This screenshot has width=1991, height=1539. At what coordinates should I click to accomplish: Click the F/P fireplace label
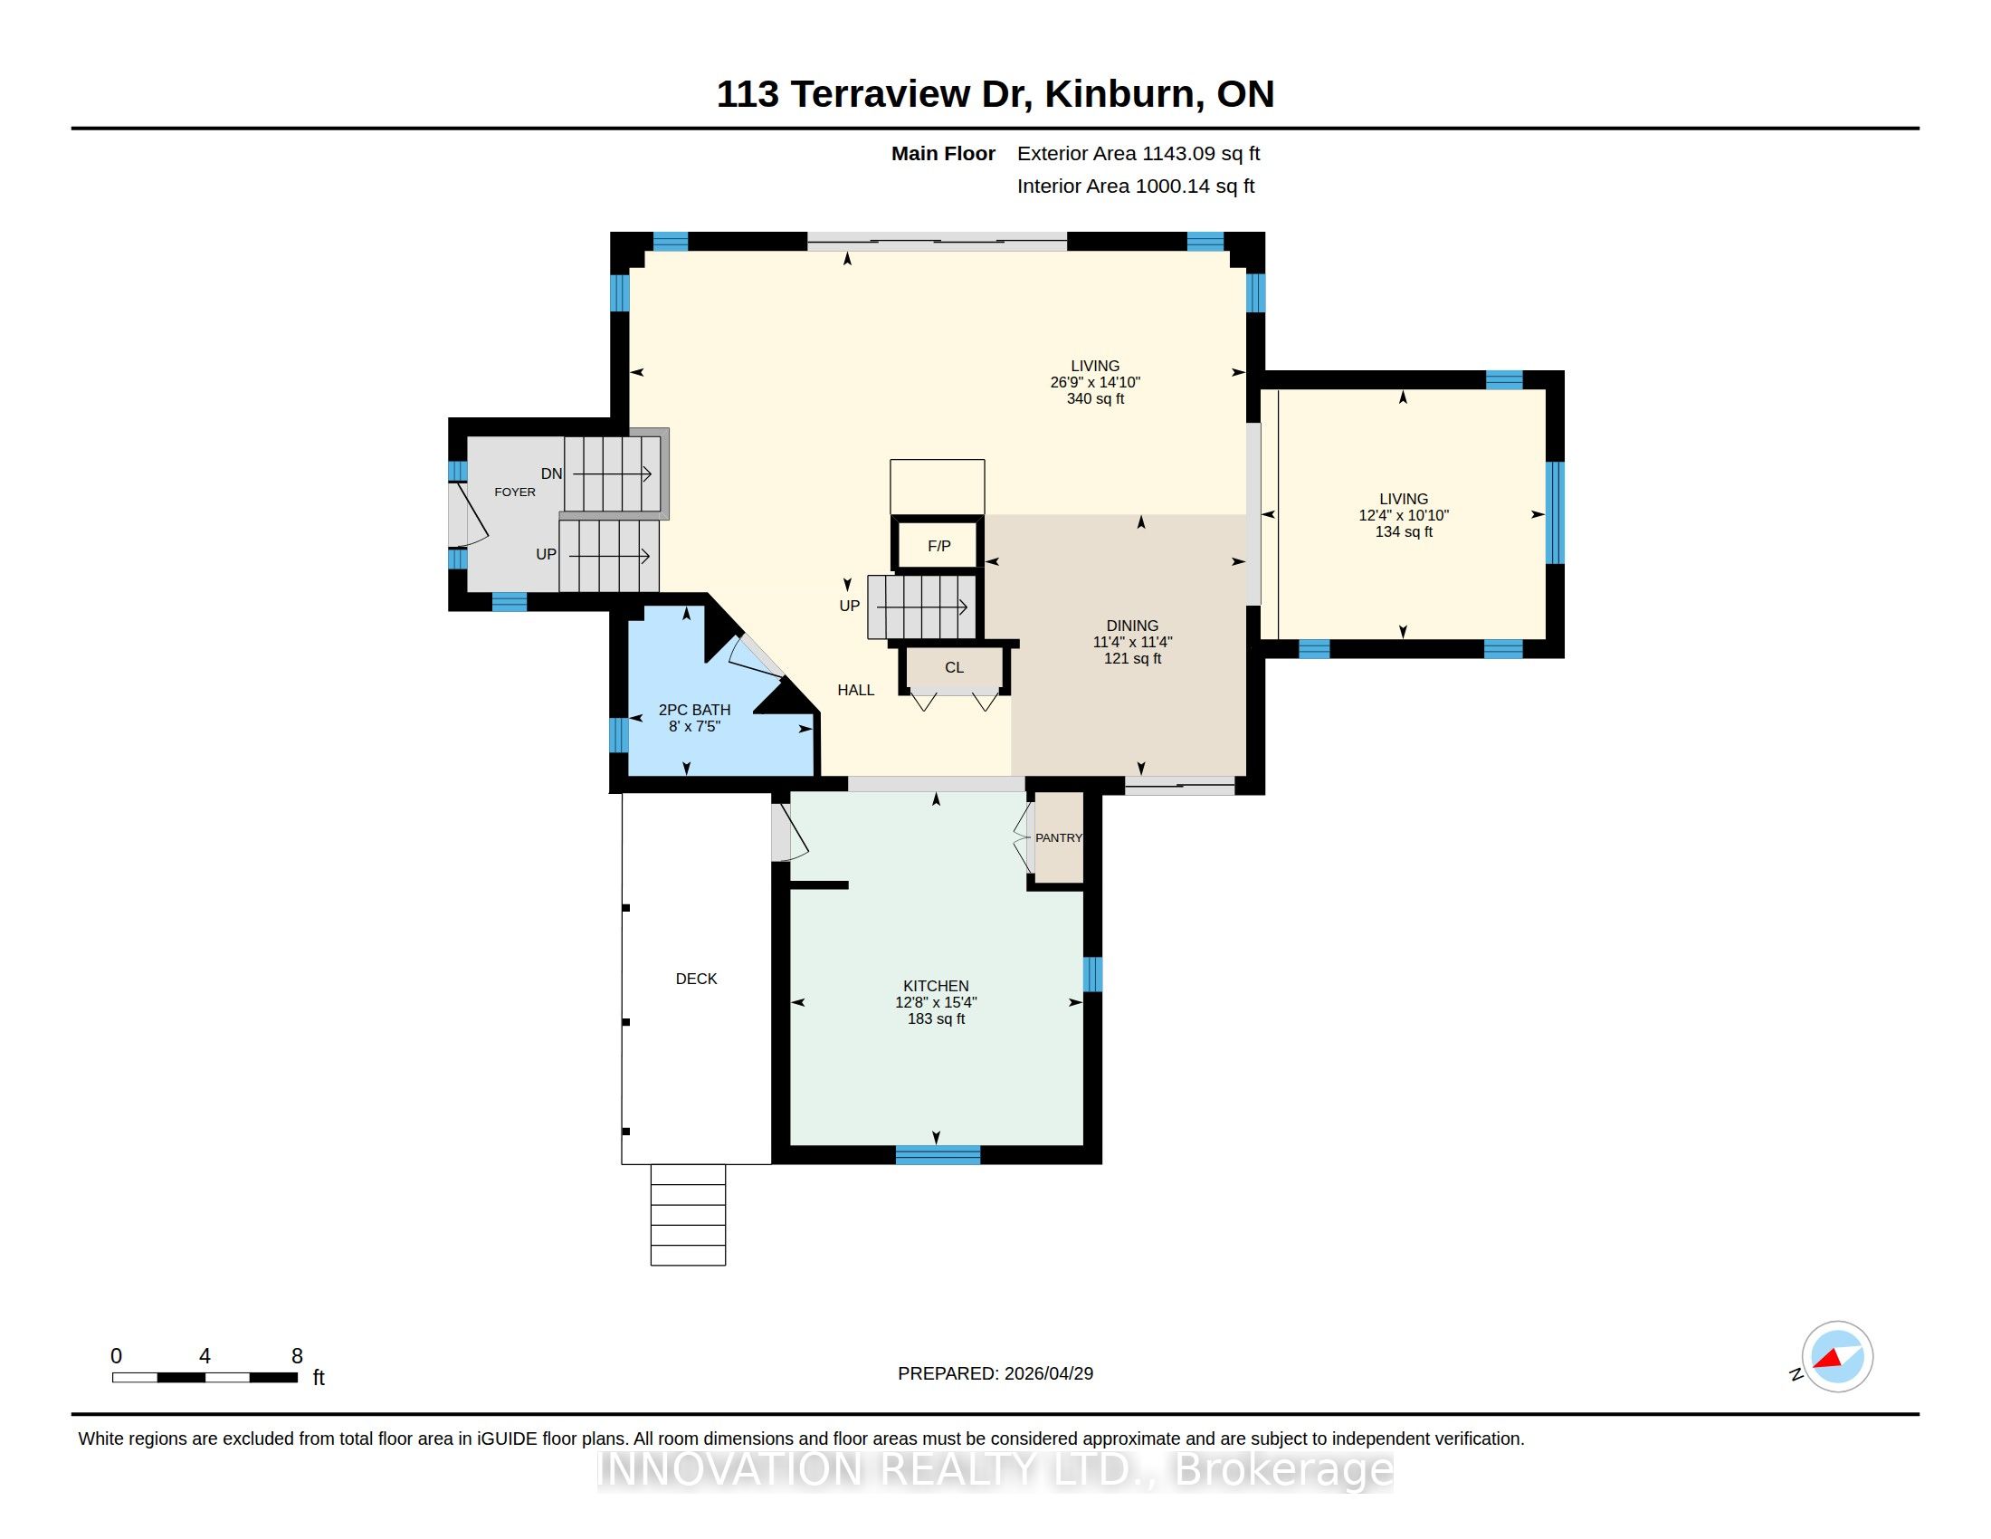(x=939, y=546)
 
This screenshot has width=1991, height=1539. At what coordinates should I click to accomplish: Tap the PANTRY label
(x=1059, y=838)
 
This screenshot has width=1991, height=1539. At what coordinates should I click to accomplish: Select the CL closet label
(x=955, y=667)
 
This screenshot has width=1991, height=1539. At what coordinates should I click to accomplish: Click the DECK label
(x=697, y=979)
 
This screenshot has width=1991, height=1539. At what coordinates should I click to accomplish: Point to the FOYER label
(x=515, y=492)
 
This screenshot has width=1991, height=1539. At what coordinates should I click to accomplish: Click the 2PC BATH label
(x=695, y=710)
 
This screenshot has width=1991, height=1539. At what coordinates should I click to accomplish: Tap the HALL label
(x=856, y=690)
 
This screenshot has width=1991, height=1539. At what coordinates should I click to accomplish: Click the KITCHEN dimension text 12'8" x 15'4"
(x=937, y=1002)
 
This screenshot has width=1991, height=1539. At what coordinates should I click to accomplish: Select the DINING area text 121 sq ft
(x=1132, y=658)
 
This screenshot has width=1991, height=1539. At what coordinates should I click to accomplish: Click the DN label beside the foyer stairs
(x=551, y=473)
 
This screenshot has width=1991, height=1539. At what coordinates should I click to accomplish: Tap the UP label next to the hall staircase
(x=850, y=606)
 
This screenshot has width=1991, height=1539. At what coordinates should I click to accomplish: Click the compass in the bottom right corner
(x=1837, y=1356)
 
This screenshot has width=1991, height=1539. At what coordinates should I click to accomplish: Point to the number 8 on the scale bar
(x=297, y=1356)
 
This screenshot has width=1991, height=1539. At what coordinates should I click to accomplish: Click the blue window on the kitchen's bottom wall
(x=938, y=1155)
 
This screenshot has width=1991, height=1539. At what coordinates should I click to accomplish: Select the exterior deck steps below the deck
(x=689, y=1214)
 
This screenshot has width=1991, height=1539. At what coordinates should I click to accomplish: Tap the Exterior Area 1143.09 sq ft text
(x=1138, y=154)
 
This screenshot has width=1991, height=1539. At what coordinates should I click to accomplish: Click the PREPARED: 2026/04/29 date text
(x=995, y=1373)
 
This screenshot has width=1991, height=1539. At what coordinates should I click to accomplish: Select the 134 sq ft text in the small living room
(x=1404, y=531)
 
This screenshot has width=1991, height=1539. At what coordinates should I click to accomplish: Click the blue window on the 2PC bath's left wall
(x=619, y=734)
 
